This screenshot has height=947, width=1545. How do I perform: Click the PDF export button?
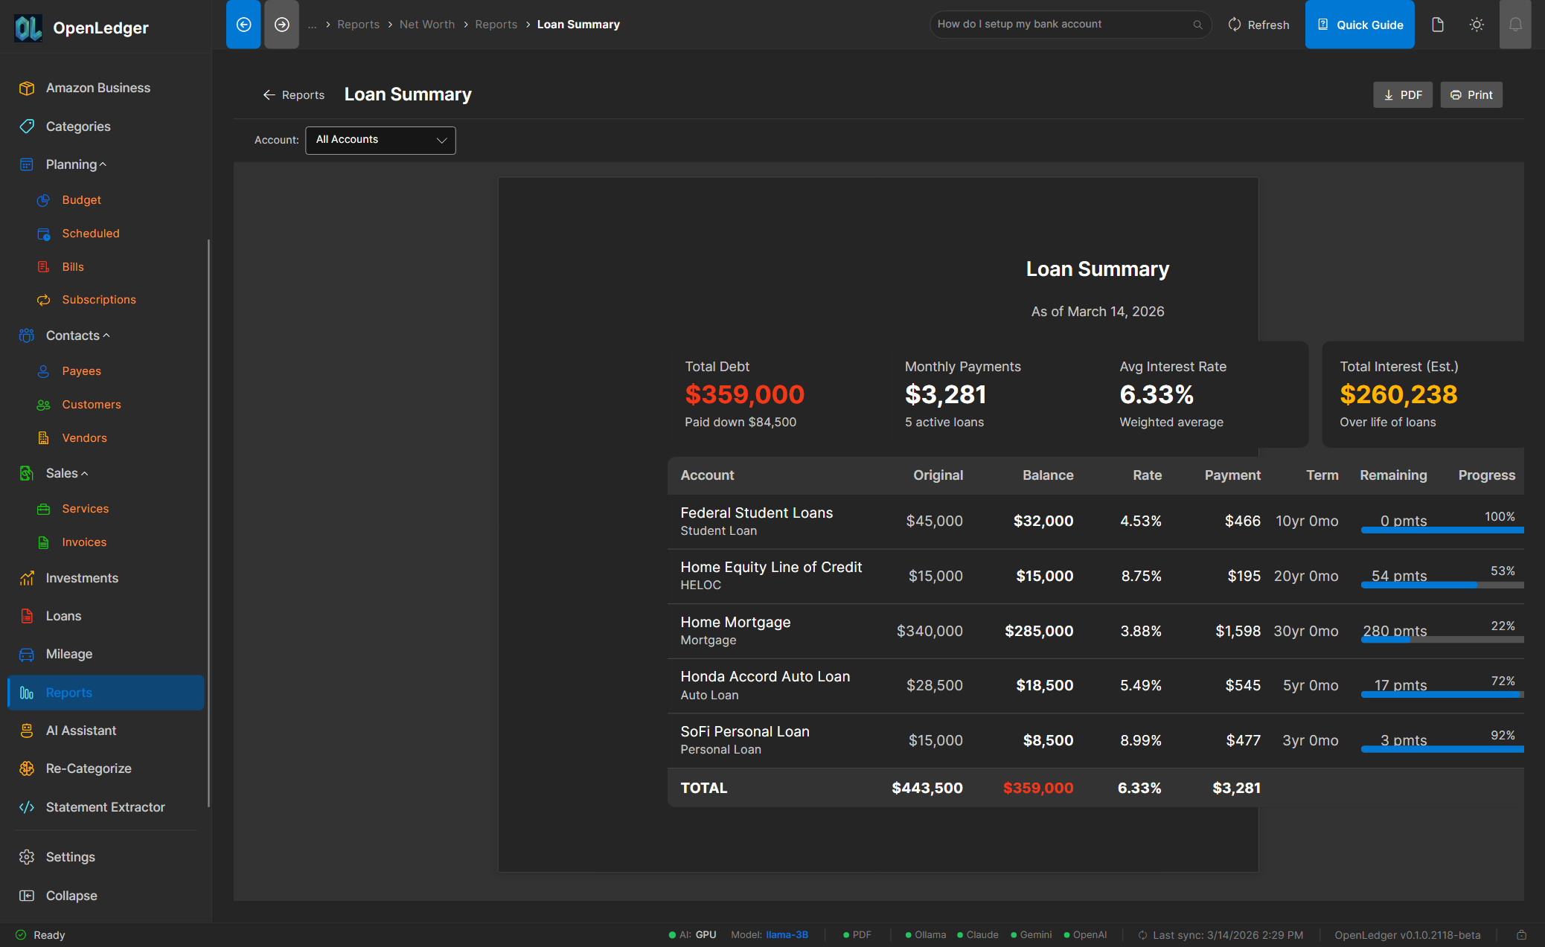1402,95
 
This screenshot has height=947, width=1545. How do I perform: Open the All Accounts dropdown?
380,140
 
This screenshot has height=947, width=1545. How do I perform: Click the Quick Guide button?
1360,25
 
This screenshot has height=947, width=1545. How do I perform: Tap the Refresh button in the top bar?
1258,25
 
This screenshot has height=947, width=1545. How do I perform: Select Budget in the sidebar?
81,200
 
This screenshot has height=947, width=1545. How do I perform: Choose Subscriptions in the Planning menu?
99,300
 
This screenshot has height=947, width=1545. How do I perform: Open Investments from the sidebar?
82,578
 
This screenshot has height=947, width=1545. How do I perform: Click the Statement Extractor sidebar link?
105,807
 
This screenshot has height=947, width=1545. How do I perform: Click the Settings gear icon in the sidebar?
27,857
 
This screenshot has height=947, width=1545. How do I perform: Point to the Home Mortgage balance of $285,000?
1039,631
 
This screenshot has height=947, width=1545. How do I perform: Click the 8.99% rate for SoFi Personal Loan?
1140,740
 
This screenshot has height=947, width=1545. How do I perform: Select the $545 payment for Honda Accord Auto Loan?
1242,685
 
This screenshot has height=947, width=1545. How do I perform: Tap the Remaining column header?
1393,475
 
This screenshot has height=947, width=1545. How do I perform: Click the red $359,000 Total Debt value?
744,394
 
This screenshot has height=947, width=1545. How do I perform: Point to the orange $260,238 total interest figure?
1398,394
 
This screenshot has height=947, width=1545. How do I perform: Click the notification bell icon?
1514,25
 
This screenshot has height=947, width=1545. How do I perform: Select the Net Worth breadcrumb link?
426,25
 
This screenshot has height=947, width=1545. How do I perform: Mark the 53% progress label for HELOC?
1502,571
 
